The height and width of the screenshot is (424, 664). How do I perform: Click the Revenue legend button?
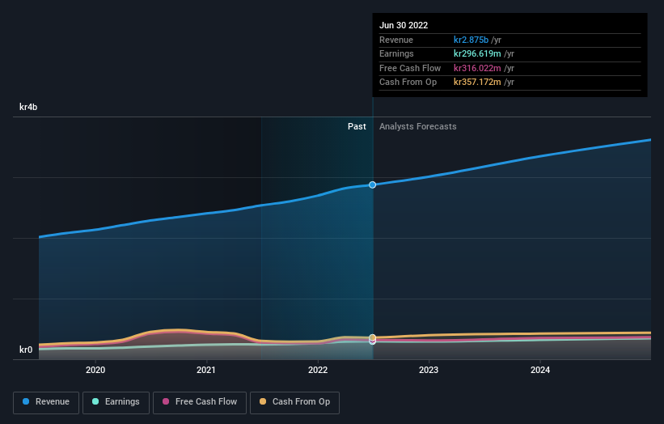coord(46,402)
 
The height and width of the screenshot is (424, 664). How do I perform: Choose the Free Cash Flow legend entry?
coord(199,402)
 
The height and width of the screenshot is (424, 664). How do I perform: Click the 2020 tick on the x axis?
coord(95,371)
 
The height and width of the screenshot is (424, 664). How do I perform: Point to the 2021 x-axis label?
coord(206,371)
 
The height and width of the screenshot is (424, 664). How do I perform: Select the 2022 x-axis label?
coord(318,371)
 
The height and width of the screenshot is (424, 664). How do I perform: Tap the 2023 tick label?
coord(429,371)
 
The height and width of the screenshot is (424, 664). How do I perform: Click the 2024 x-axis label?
coord(540,371)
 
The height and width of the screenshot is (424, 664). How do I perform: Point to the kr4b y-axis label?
coord(29,107)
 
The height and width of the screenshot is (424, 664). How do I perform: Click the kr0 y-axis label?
coord(27,350)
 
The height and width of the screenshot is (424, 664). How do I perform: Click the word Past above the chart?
coord(357,127)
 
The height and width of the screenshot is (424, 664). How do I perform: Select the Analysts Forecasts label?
coord(417,127)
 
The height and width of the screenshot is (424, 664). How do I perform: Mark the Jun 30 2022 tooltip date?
coord(404,25)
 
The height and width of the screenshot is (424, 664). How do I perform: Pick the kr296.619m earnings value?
coord(478,54)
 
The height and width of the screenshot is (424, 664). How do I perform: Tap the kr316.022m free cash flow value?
coord(478,68)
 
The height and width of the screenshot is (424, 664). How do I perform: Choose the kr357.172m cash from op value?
coord(478,82)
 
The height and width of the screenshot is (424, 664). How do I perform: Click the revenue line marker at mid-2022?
coord(373,184)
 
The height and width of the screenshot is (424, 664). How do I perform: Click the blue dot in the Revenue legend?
coord(27,402)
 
